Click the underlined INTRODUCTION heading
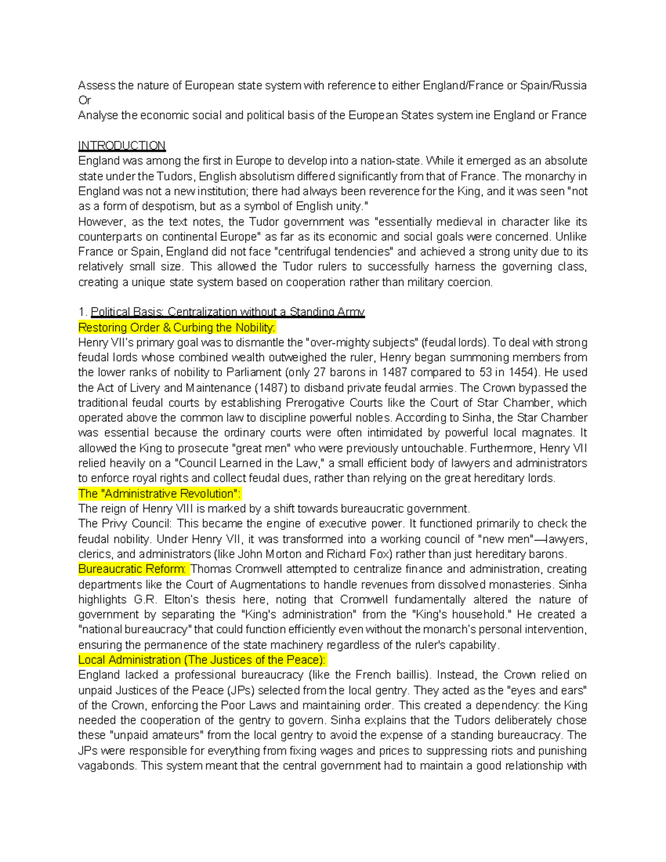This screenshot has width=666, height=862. click(x=122, y=145)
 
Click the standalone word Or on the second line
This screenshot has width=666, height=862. click(x=84, y=100)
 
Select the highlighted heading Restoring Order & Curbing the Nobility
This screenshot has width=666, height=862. click(x=176, y=327)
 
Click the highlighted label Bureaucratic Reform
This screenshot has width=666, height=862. click(x=133, y=569)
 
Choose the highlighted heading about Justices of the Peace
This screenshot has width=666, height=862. click(x=202, y=660)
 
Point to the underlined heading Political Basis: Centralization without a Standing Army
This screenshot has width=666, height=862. click(x=228, y=312)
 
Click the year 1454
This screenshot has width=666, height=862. click(x=574, y=372)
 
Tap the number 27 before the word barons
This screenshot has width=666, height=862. click(x=322, y=372)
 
